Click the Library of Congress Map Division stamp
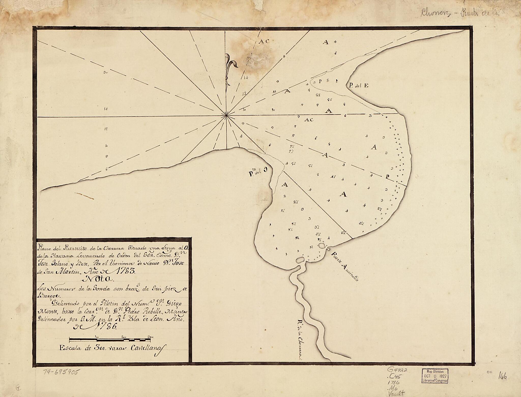(434, 375)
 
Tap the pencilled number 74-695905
(61, 372)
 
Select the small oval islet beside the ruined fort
(321, 246)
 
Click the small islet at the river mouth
(300, 260)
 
